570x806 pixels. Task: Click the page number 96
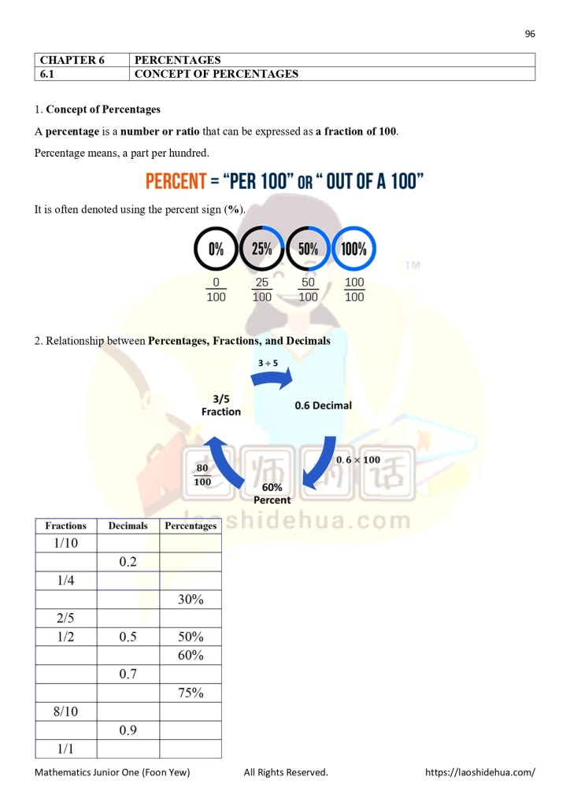tap(530, 34)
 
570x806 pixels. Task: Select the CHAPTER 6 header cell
tap(81, 60)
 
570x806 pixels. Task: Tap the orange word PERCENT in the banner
tap(176, 182)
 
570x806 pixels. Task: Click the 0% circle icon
tap(216, 250)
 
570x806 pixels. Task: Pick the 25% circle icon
tap(262, 250)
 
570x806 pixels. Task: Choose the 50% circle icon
tap(308, 250)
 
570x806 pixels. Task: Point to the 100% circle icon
tap(354, 250)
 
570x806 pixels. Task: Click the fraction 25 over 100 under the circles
tap(262, 290)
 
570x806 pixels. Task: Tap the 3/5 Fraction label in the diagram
tap(220, 405)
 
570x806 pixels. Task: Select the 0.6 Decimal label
tap(323, 405)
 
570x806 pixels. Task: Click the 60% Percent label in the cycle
tap(272, 494)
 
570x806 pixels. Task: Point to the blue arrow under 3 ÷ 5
tap(272, 380)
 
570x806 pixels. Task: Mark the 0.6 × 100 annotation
tap(358, 460)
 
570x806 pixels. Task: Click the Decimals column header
tap(128, 526)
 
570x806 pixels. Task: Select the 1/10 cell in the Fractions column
tap(66, 543)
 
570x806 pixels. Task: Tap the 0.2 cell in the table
tap(128, 562)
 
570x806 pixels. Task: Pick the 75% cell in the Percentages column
tap(191, 693)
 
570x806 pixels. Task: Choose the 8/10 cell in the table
tap(66, 712)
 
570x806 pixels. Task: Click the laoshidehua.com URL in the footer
tap(479, 772)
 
